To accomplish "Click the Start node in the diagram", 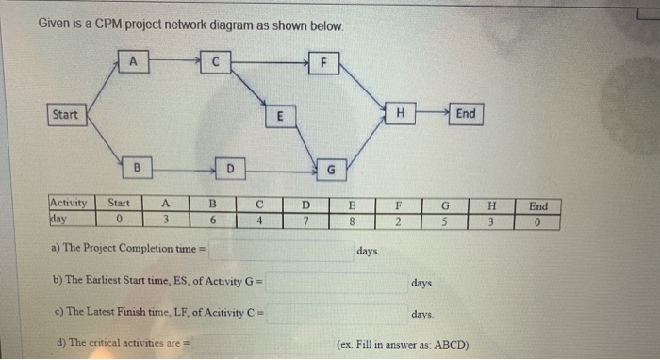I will tap(66, 115).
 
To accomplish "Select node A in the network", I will tap(135, 62).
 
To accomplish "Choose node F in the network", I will tap(325, 64).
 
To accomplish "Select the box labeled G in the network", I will tap(330, 170).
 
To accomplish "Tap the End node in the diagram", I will tap(466, 114).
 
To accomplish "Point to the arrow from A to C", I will tap(175, 63).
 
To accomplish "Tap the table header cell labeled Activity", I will tap(68, 203).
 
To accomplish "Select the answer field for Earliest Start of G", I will tap(334, 282).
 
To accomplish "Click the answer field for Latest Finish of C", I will tap(334, 313).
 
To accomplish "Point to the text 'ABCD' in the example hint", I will tap(450, 345).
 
